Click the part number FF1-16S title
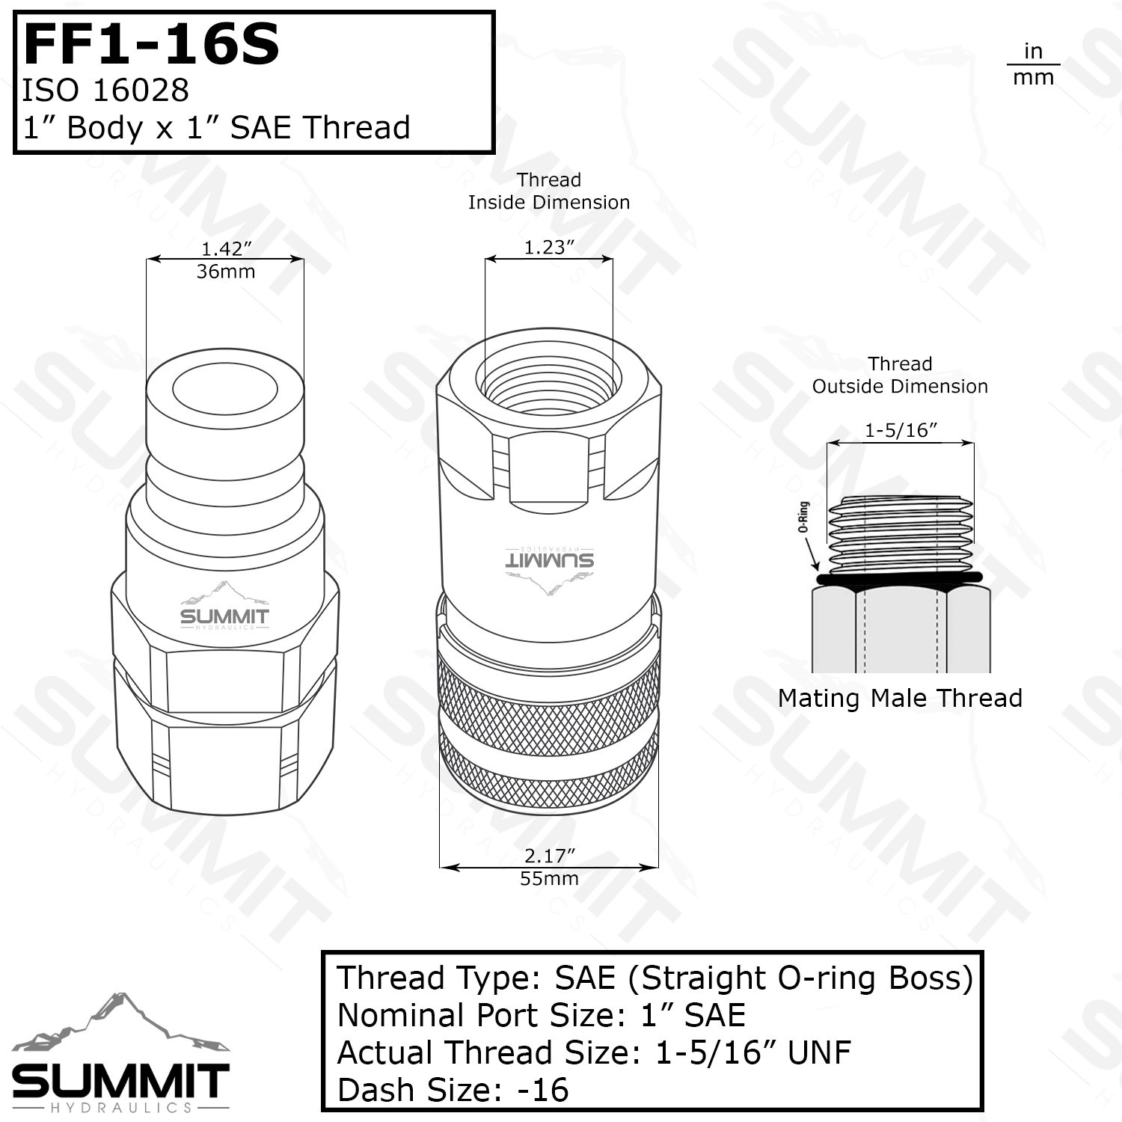[x=152, y=44]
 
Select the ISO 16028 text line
[x=105, y=91]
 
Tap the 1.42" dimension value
[x=226, y=248]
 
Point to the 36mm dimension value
[x=226, y=272]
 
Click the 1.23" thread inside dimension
[x=549, y=248]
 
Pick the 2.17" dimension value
[x=550, y=856]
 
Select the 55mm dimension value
[x=550, y=879]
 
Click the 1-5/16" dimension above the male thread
[x=901, y=430]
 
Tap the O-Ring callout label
[x=804, y=517]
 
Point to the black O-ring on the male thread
[x=901, y=579]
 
